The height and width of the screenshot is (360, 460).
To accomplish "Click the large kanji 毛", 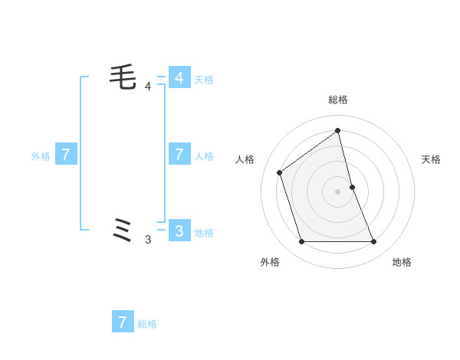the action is [x=123, y=77].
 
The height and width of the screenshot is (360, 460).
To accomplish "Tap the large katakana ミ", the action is [x=123, y=230].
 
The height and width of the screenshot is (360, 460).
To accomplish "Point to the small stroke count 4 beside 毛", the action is [x=148, y=87].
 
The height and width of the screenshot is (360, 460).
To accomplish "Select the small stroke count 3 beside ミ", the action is [x=148, y=240].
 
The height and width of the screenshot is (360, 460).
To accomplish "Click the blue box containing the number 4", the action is [x=179, y=78].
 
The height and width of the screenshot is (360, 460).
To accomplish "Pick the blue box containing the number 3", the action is [x=179, y=231].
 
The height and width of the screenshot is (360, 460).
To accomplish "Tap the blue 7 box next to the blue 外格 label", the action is [x=66, y=155].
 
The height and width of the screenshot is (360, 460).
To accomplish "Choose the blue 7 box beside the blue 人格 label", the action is [x=179, y=155].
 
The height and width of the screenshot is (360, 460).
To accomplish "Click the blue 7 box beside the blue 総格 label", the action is [x=123, y=322].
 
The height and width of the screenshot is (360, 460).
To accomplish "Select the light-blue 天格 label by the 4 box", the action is [x=204, y=79].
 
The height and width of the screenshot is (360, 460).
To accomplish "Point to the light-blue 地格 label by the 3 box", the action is [x=204, y=233].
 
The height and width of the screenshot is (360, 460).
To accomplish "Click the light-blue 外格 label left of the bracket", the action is [x=41, y=156].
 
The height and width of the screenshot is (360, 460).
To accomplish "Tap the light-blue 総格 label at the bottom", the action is [x=147, y=324].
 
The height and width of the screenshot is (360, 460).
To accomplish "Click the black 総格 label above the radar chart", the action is [x=337, y=100].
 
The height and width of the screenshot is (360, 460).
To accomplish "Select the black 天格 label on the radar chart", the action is [x=431, y=159].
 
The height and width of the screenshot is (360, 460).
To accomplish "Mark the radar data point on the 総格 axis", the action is [x=337, y=130].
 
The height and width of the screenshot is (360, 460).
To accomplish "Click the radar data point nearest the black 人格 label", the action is [x=280, y=172].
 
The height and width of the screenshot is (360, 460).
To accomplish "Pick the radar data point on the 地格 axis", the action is [x=374, y=242].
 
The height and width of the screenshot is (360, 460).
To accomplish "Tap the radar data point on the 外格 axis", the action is [x=301, y=242].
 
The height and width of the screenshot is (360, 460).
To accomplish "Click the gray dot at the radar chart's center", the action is [x=337, y=191].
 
